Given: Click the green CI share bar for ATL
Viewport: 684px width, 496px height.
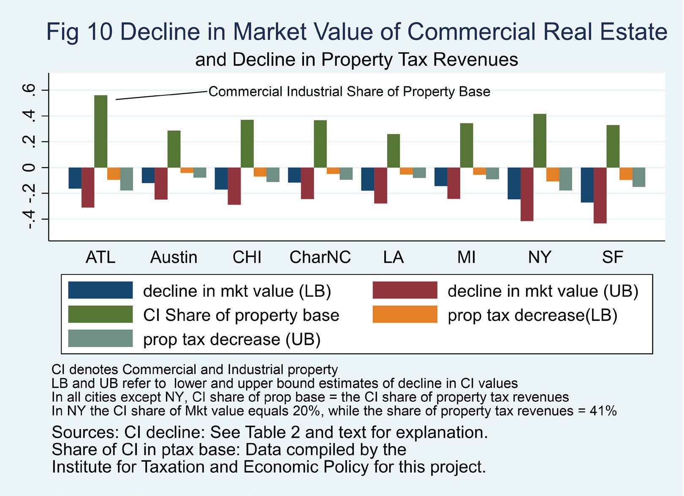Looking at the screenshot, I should (x=100, y=131).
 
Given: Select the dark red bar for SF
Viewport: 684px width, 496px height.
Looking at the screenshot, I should (x=600, y=195).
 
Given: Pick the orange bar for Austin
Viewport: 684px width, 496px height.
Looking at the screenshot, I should (x=187, y=170).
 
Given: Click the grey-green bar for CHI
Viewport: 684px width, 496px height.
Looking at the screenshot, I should (x=273, y=175).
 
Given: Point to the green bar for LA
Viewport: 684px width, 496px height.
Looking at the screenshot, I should (x=394, y=151).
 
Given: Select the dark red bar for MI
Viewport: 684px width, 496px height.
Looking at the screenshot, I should (x=454, y=183).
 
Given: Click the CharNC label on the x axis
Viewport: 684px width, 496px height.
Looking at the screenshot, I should (x=320, y=257).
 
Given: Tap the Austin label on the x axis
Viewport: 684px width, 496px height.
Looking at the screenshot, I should (x=174, y=257).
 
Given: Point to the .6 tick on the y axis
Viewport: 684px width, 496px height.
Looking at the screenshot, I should (x=30, y=90).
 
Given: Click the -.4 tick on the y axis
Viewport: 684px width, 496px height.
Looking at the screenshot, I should (x=30, y=219).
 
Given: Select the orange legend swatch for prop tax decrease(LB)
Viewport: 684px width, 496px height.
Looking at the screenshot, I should (x=405, y=315).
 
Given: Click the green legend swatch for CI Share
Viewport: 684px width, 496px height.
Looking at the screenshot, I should (x=100, y=315).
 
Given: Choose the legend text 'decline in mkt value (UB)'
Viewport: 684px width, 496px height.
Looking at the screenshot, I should (x=543, y=291).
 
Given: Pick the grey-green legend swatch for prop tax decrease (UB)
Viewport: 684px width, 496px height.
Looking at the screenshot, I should (x=100, y=339).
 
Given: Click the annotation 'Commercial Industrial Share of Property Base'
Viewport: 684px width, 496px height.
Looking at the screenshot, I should (x=349, y=92).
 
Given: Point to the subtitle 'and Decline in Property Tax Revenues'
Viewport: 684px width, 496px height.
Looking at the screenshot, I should (x=356, y=60).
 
